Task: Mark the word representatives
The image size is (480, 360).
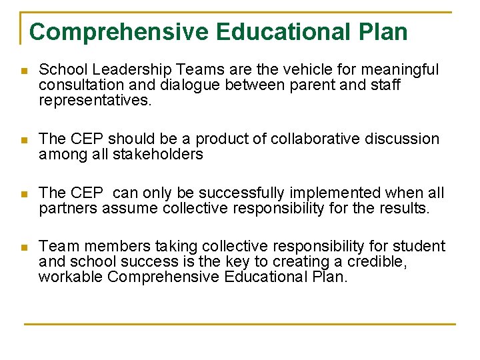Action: coord(95,101)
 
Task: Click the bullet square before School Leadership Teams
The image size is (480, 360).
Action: coord(24,71)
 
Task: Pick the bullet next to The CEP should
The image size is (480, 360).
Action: coord(24,140)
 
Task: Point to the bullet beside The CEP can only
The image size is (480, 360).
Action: coord(24,194)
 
